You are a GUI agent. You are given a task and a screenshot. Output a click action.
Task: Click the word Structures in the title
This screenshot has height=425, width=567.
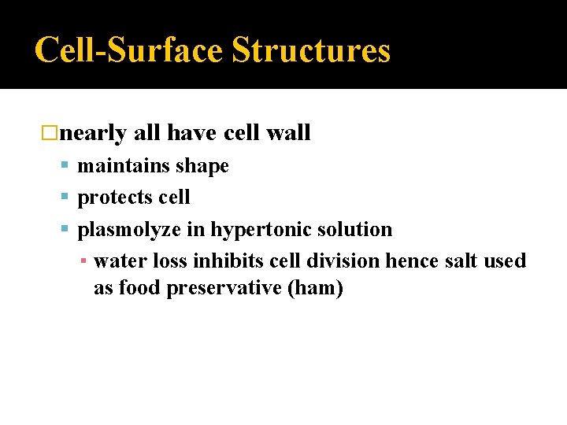tap(310, 50)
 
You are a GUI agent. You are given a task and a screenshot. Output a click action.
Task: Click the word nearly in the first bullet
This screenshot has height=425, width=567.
tap(93, 134)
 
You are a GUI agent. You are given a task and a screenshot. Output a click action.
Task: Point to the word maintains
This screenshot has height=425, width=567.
tap(122, 166)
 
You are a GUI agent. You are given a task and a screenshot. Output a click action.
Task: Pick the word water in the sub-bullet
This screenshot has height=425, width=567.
tap(120, 261)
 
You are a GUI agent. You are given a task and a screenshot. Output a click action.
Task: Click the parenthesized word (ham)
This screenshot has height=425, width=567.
tap(316, 288)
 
